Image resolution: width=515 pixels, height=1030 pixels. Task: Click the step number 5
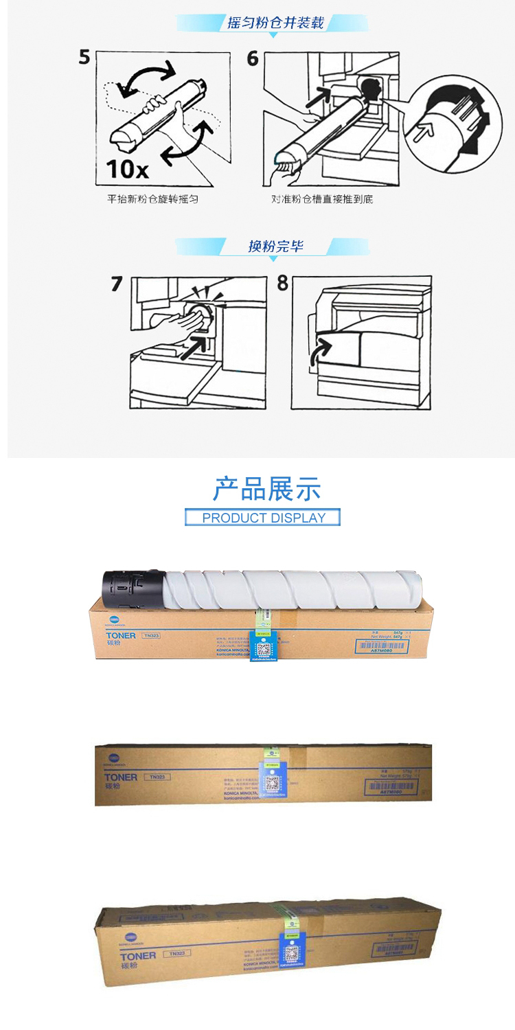click(84, 57)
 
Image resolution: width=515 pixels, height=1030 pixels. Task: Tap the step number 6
click(253, 58)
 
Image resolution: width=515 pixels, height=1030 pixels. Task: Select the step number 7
click(117, 284)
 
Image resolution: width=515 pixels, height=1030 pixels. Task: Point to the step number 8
click(282, 284)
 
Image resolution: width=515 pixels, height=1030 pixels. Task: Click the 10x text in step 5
click(128, 167)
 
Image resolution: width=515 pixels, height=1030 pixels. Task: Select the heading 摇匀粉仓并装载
click(275, 23)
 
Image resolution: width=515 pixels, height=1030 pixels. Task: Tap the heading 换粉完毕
click(275, 247)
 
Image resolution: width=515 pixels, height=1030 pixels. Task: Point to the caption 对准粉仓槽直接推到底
click(322, 199)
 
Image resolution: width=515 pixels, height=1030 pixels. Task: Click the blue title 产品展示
click(266, 489)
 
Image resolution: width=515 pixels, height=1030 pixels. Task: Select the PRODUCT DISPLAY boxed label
click(263, 518)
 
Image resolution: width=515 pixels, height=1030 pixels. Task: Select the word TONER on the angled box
click(138, 956)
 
